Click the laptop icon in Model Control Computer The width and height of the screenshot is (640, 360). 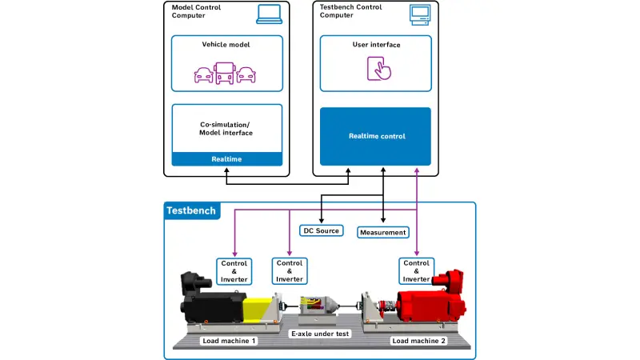click(x=270, y=14)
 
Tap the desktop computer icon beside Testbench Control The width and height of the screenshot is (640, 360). click(x=420, y=15)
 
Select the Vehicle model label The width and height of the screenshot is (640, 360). click(x=226, y=45)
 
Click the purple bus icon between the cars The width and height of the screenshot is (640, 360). click(x=225, y=73)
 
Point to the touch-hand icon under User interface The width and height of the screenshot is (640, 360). click(x=379, y=69)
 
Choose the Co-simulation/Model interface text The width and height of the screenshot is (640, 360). click(x=226, y=129)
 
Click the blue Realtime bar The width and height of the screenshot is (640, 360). click(x=227, y=158)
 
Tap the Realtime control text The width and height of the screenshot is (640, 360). click(x=377, y=136)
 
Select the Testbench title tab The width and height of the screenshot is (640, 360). click(x=192, y=210)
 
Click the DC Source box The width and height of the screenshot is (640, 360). click(x=322, y=230)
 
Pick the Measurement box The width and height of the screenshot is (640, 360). click(x=383, y=232)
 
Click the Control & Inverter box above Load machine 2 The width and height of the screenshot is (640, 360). click(x=416, y=271)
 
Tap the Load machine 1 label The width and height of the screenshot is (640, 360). click(x=229, y=341)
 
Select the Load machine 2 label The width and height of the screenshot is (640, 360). click(x=418, y=341)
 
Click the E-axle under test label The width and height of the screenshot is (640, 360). click(x=320, y=334)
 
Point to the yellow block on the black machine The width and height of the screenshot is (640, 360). click(x=256, y=310)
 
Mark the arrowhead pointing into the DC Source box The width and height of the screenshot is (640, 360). click(x=322, y=221)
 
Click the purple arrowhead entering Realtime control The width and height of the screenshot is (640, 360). click(x=417, y=171)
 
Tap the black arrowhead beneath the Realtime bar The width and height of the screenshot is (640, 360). click(x=226, y=171)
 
